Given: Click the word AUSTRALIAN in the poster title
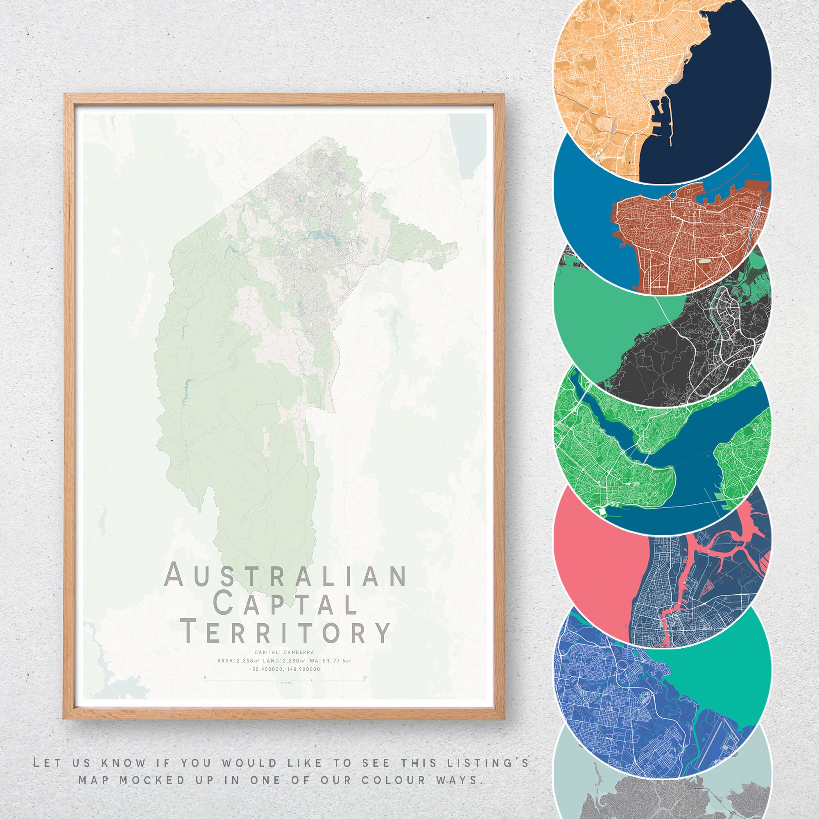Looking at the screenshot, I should click(x=285, y=575).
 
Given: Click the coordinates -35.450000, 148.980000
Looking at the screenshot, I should click(x=285, y=670).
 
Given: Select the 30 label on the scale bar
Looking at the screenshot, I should click(x=364, y=677).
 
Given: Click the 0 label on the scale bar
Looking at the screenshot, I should click(x=205, y=677).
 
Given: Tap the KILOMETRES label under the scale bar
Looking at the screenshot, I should click(x=285, y=683).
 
